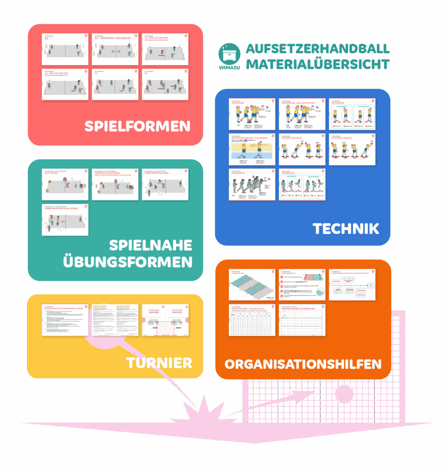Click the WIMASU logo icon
tap(229, 56)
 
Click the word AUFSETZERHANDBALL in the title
tap(318, 49)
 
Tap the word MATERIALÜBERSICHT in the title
tap(318, 64)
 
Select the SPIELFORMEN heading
tap(137, 126)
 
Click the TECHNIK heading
tap(346, 228)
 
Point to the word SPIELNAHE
tap(150, 245)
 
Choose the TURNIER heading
tap(159, 363)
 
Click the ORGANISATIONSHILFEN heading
tap(303, 364)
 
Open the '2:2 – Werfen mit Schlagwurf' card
tap(115, 49)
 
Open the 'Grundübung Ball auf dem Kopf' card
tap(302, 114)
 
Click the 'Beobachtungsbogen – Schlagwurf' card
tap(252, 149)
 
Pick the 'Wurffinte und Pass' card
tap(352, 149)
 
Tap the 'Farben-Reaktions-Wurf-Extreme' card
tap(65, 220)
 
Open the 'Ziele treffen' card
tap(65, 184)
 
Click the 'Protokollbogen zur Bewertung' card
tap(302, 320)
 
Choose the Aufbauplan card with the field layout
tap(252, 285)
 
